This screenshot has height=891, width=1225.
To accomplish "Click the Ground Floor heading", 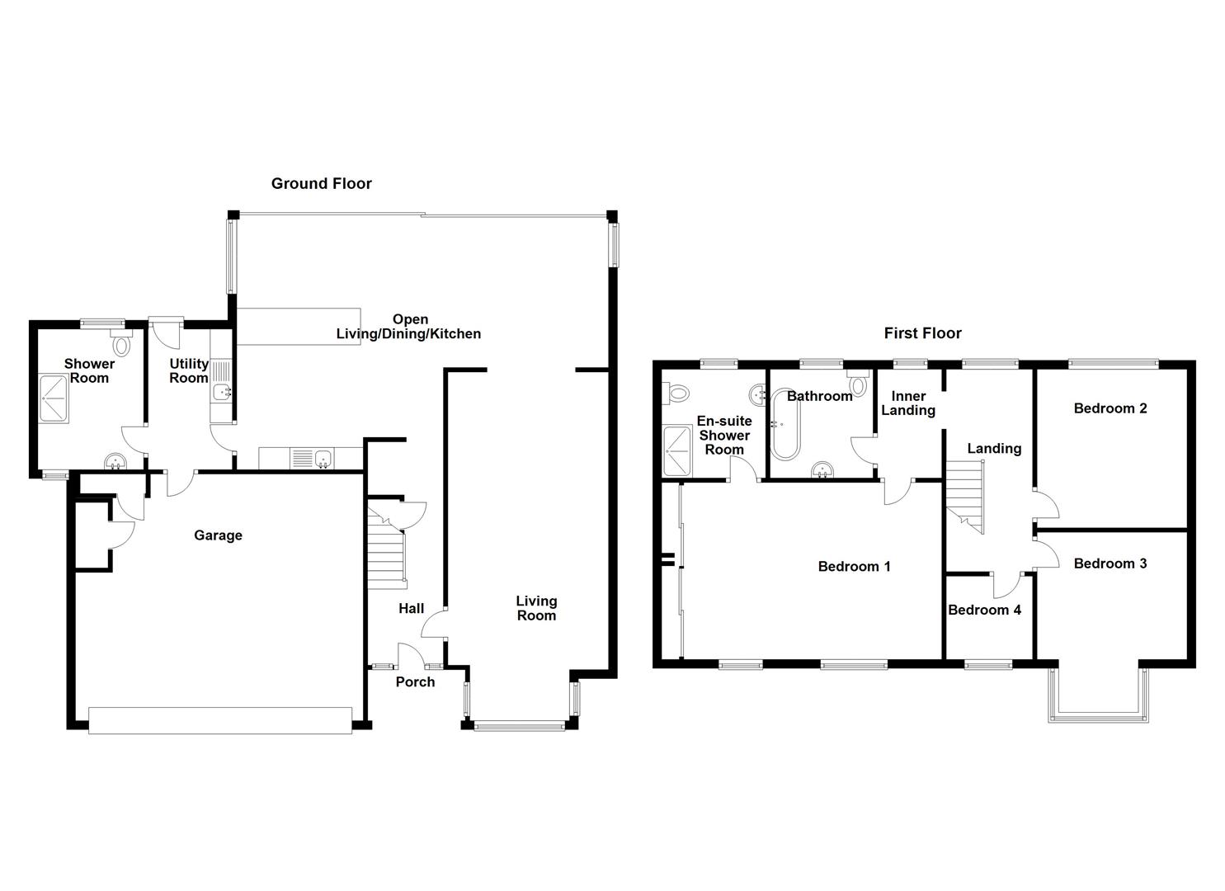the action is (321, 184).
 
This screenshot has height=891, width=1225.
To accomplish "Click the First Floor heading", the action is (922, 333).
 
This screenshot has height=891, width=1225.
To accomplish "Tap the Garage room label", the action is (218, 535).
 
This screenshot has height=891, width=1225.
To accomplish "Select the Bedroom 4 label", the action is (984, 610).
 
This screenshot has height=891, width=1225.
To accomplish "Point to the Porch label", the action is (415, 681).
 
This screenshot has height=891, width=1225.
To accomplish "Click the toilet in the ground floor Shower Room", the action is (121, 343).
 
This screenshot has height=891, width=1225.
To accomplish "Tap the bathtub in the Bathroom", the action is (784, 426).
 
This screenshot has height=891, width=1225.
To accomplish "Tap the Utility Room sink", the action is (223, 393).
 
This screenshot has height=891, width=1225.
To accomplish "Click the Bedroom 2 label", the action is (1110, 408).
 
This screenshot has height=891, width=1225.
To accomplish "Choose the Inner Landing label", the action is (908, 403).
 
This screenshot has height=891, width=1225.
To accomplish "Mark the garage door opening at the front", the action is (219, 720).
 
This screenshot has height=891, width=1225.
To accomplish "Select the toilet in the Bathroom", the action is (858, 384).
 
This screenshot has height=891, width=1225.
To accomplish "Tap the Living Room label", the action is (536, 608).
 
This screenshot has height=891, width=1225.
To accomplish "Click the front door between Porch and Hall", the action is (411, 655).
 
